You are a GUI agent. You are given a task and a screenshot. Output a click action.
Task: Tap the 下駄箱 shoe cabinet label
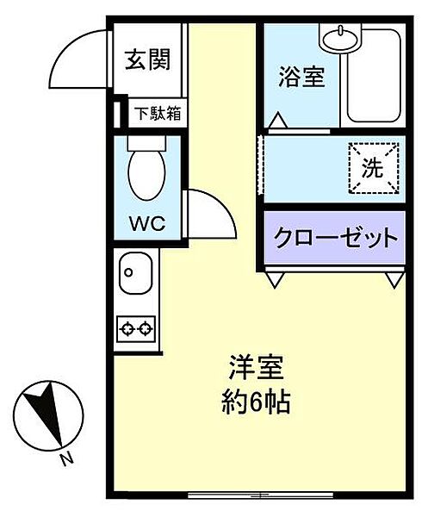point(157,113)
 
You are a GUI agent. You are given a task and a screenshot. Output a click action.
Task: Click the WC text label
point(147,223)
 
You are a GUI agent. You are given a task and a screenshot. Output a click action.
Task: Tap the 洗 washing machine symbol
point(373,168)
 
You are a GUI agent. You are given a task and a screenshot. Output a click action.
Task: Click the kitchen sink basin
point(135,276)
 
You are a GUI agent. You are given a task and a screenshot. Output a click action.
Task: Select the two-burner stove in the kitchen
point(136,327)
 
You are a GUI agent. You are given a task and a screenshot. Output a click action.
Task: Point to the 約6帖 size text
point(253,402)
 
